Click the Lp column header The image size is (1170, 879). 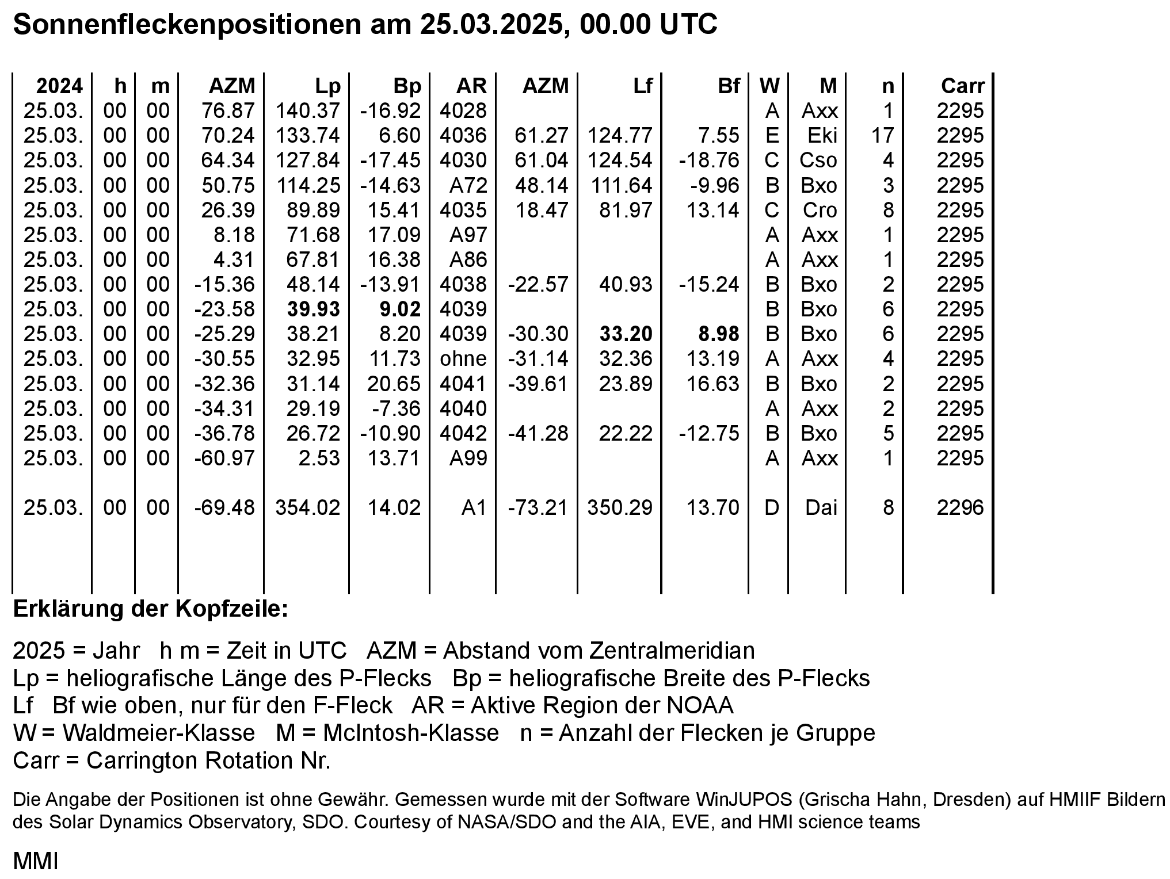(327, 86)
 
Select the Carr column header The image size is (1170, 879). (962, 86)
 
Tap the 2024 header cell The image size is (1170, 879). (59, 86)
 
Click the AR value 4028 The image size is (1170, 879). (463, 110)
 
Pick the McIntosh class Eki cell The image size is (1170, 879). (822, 135)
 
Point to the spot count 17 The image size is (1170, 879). (882, 135)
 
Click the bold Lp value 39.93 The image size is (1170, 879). (314, 309)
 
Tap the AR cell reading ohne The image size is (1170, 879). (463, 358)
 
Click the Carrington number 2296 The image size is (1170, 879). (960, 507)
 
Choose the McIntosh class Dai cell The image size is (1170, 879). (821, 507)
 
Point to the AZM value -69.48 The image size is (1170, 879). (224, 507)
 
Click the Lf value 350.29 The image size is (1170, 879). (620, 507)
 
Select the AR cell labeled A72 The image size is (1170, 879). (468, 185)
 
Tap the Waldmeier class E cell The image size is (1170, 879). (772, 135)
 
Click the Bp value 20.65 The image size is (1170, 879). (394, 384)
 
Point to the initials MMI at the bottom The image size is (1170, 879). (35, 861)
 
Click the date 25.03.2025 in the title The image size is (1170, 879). (490, 25)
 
